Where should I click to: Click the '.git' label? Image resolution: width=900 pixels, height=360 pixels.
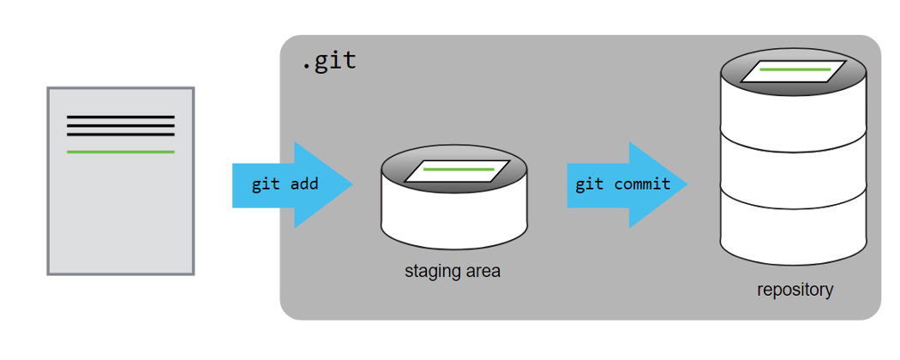coord(328,63)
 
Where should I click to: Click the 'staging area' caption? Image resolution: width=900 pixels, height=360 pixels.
coord(452,272)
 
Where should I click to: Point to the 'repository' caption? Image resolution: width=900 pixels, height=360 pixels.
coord(795,290)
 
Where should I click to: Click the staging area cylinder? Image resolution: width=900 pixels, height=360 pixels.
coord(453,210)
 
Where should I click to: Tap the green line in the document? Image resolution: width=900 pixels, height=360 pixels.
coord(121,152)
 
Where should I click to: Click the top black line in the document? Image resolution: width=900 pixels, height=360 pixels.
coord(121,117)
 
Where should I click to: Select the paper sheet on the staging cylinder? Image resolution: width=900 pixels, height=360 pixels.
coord(457,171)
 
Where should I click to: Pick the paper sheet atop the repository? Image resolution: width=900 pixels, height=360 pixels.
coord(793,70)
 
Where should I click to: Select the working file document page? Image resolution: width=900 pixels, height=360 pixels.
coord(121,214)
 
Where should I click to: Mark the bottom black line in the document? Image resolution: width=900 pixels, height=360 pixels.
coord(121,134)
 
